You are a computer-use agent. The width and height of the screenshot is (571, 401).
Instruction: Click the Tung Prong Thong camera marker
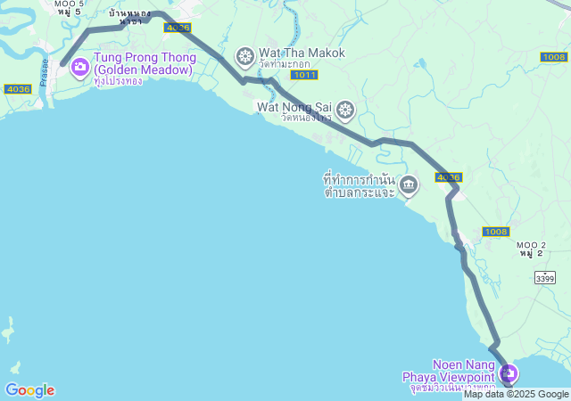[x=79, y=66]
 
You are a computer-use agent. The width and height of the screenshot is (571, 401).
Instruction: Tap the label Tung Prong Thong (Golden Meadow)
[x=143, y=64]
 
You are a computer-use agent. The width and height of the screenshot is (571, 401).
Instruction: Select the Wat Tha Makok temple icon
[x=244, y=58]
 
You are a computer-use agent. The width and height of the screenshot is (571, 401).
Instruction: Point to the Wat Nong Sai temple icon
[x=345, y=110]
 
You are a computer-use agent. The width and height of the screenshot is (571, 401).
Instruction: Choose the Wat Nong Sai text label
[x=294, y=107]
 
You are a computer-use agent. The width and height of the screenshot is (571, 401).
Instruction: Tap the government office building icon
[x=409, y=185]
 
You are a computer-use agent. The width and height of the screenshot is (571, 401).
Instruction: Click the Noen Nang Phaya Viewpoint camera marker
[x=509, y=373]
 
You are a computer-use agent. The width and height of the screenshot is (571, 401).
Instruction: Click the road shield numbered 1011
[x=303, y=76]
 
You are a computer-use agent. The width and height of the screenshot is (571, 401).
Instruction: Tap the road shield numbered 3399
[x=545, y=279]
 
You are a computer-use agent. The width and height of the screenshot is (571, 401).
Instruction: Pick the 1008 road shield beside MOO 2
[x=496, y=232]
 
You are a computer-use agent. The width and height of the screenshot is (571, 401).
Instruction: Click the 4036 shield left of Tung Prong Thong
[x=17, y=88]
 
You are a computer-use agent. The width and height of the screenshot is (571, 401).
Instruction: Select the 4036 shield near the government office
[x=449, y=177]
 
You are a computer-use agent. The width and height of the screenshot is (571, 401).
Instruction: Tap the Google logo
[x=29, y=390]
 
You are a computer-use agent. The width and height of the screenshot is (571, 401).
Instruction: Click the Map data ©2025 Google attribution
[x=516, y=394]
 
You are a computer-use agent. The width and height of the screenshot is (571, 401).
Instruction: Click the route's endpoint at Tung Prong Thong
[x=62, y=63]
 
